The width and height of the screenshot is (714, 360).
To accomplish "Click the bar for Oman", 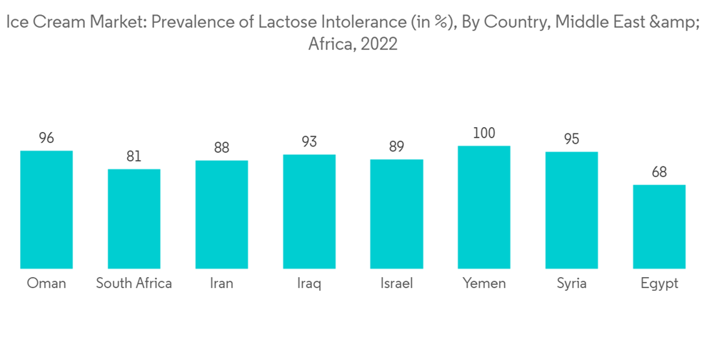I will (46, 209).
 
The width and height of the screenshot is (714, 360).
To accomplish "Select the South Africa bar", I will (134, 219).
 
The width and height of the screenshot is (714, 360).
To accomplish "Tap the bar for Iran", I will (221, 214).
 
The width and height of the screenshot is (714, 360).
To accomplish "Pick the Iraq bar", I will (309, 211).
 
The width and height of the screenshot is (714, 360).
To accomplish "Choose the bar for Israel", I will (396, 214).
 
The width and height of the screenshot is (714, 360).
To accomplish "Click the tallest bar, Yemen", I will (484, 207).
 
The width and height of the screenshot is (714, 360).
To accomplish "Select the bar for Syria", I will (571, 210).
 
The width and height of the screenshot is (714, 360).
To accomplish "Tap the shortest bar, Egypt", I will (659, 226).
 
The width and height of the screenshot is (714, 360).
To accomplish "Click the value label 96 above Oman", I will (46, 138).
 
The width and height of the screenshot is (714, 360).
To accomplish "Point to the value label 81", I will (134, 156).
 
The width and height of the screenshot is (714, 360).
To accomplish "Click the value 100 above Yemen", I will (484, 133).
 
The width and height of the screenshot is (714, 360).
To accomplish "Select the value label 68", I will (659, 172).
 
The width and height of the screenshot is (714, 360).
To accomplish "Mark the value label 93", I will (309, 141).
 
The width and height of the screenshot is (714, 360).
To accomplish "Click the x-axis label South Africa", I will (134, 283).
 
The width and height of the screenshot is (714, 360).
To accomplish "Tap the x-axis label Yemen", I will (484, 283).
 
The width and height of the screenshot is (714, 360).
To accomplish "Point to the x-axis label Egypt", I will (659, 284).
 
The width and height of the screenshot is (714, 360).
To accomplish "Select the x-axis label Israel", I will (396, 283).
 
